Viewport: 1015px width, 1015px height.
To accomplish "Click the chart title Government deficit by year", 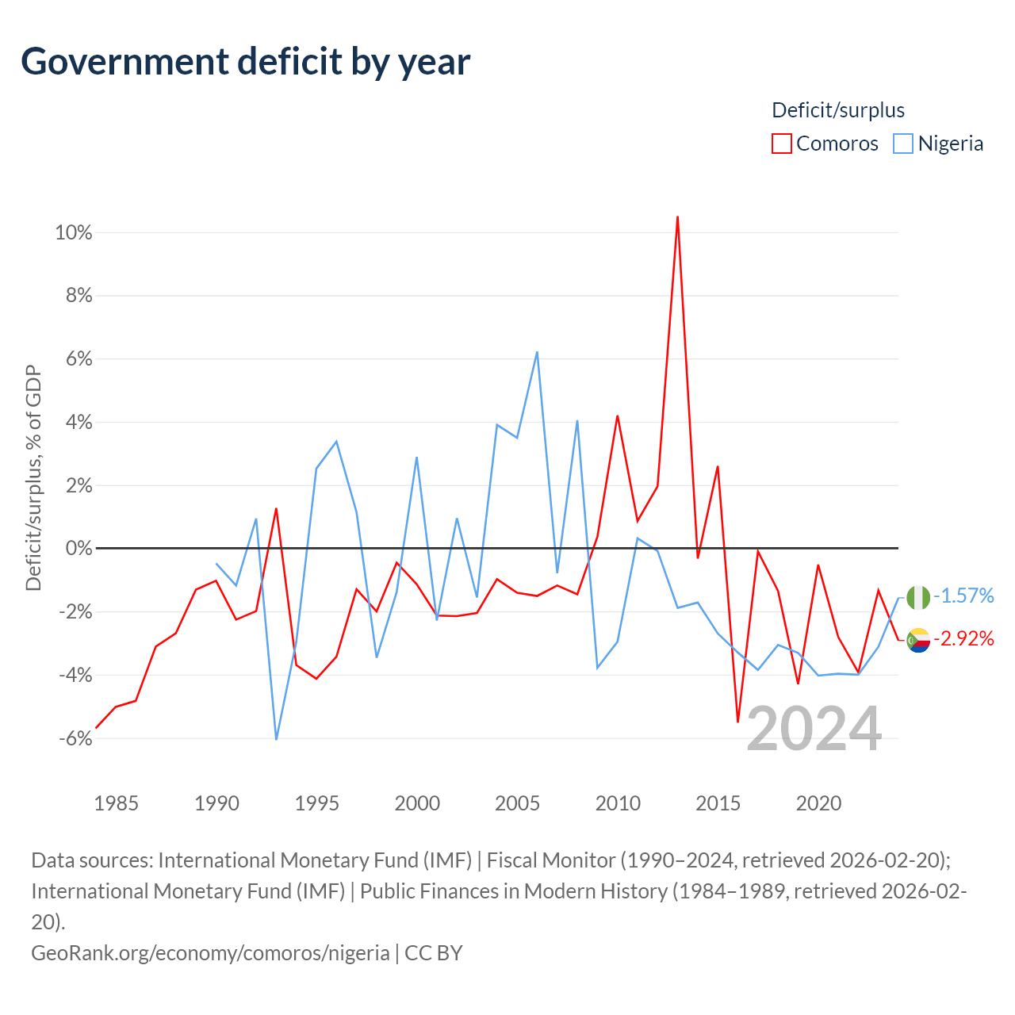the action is point(245,62).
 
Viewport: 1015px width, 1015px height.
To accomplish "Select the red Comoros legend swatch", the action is point(781,144).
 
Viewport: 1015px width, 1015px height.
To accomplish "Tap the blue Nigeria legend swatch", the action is point(903,144).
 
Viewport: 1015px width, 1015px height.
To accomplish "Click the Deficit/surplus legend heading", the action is point(837,110).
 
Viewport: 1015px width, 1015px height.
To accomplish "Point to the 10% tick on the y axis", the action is point(74,232).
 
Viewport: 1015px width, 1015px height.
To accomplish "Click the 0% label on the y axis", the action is point(79,548).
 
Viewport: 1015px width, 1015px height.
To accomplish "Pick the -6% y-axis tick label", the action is point(76,738).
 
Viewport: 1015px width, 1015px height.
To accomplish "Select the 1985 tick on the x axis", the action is point(116,804).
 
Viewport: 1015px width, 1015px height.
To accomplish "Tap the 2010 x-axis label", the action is point(617,804).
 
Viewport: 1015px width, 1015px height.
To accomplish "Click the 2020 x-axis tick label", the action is point(818,804).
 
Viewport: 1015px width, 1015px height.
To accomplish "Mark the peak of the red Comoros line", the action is point(677,216).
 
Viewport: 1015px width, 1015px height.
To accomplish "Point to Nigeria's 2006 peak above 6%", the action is point(537,352).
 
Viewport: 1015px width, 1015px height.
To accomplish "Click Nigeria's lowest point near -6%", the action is point(276,740).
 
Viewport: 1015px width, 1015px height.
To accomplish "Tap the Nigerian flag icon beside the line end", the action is point(918,597).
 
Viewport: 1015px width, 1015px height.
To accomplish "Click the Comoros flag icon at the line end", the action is point(918,640).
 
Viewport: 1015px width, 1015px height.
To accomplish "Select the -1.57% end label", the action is point(963,596).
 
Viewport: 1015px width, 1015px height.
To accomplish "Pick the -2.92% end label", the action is point(963,638).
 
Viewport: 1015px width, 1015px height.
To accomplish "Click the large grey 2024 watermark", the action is point(814,729).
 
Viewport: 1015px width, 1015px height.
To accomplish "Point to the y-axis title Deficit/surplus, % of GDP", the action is point(34,477).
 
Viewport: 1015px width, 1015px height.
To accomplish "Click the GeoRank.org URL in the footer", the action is point(210,953).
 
